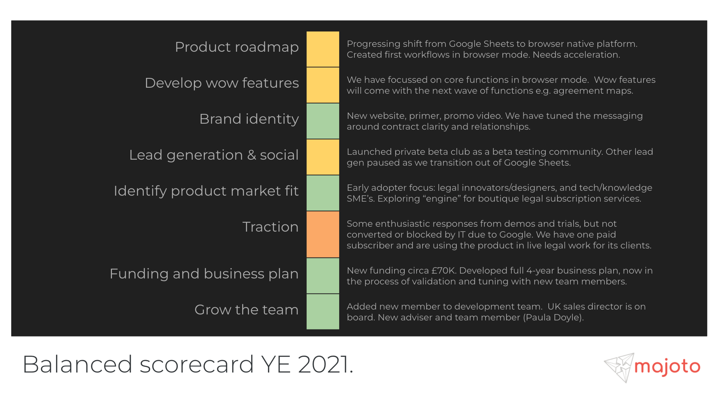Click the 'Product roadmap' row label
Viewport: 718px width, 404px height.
(x=237, y=47)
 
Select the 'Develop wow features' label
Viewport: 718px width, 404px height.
(x=222, y=83)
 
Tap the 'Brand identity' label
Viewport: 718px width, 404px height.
(x=249, y=119)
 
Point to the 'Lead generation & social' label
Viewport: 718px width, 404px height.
(x=214, y=155)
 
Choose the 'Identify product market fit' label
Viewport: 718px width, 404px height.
(x=206, y=191)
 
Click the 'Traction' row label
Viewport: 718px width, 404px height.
(x=270, y=227)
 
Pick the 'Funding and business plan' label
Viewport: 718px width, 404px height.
(x=204, y=274)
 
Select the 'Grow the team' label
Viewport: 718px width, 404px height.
(x=246, y=310)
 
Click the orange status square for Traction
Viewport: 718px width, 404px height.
(x=323, y=234)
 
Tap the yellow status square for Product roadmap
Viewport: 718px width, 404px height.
(x=323, y=49)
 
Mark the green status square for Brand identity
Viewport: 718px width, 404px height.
(x=323, y=121)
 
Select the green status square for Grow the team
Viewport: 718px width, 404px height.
(x=323, y=311)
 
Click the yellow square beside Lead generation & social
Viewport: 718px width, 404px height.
(x=323, y=157)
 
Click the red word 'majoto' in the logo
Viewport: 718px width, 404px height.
(x=667, y=367)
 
